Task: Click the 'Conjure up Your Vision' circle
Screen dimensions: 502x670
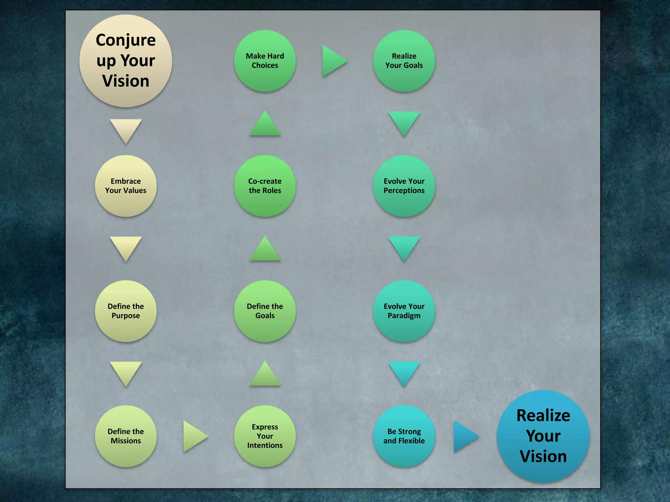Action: coord(126,61)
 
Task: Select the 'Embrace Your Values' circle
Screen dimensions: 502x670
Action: coord(126,186)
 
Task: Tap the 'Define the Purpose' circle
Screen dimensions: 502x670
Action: coord(126,311)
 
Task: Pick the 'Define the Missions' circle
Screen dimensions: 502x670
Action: coord(126,436)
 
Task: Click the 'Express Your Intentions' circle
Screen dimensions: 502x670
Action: coord(265,436)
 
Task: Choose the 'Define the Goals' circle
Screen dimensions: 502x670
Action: coord(265,311)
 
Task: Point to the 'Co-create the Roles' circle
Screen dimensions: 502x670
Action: coord(265,186)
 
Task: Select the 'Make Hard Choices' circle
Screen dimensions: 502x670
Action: coord(265,61)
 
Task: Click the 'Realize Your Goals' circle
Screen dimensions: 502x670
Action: coord(404,61)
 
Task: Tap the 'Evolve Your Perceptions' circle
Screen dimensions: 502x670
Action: coord(404,186)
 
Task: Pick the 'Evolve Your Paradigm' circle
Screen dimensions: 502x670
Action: coord(404,311)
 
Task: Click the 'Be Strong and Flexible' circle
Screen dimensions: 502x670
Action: coord(404,436)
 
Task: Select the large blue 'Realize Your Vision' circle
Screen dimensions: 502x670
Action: coord(543,436)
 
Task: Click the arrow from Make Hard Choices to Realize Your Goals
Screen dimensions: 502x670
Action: coord(333,61)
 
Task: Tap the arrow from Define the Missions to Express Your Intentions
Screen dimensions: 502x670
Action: coord(194,436)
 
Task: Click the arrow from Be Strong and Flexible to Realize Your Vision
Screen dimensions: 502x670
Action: coord(464,436)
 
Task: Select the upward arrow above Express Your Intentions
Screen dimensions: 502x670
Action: coord(265,375)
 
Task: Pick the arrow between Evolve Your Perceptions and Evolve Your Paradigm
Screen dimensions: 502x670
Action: coord(404,247)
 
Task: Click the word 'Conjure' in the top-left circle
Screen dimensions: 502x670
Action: coord(126,41)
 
